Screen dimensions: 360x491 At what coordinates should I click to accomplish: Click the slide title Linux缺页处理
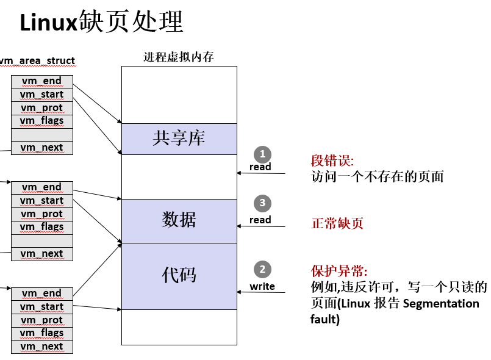[x=101, y=23]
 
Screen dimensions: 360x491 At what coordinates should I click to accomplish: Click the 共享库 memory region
[x=179, y=139]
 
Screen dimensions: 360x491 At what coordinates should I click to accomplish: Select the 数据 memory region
[x=179, y=220]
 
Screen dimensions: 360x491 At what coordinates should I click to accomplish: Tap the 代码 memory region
[x=179, y=275]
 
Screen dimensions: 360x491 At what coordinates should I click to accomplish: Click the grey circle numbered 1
[x=262, y=154]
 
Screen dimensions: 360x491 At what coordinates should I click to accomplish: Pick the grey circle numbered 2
[x=262, y=269]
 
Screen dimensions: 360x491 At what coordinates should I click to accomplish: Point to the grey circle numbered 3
[x=262, y=203]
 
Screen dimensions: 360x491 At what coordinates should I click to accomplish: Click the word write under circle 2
[x=262, y=286]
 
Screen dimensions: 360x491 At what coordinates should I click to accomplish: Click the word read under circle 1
[x=260, y=167]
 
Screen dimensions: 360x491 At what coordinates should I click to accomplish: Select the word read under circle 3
[x=260, y=220]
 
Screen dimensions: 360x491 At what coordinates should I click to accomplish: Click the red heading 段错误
[x=332, y=162]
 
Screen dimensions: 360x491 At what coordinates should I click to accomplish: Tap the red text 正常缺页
[x=337, y=223]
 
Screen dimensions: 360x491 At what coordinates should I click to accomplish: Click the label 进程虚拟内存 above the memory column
[x=178, y=57]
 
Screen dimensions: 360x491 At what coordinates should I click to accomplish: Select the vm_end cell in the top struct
[x=41, y=81]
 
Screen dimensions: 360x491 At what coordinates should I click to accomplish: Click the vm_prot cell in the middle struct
[x=41, y=214]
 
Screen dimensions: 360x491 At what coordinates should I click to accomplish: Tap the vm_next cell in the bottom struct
[x=41, y=347]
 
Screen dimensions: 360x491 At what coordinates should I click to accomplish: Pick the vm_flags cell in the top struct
[x=41, y=121]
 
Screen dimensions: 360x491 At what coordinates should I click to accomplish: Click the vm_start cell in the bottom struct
[x=41, y=307]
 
